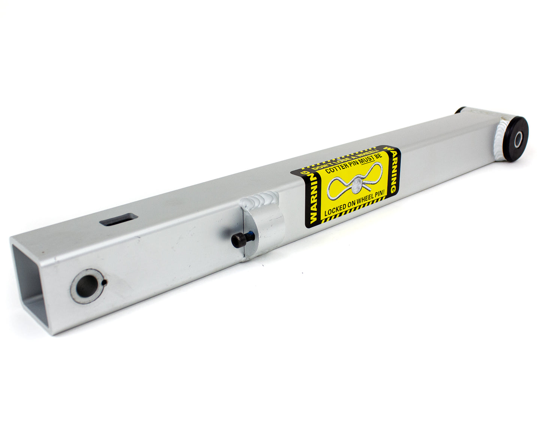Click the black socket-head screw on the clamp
(x=239, y=240)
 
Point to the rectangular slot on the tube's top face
(x=118, y=219)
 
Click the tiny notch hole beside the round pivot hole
(x=106, y=282)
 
